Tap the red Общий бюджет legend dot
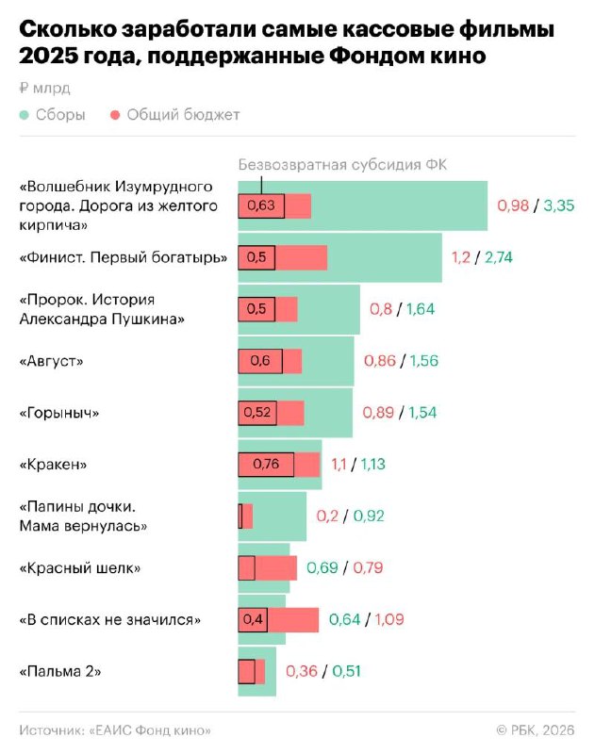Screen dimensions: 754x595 click(116, 115)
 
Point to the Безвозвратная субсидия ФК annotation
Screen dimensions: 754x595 click(342, 164)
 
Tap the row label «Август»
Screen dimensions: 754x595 click(52, 361)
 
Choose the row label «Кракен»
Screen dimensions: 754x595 click(53, 465)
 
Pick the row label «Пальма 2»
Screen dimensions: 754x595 click(59, 672)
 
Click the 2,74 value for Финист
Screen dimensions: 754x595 click(498, 257)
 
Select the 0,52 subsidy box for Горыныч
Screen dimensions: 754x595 click(257, 413)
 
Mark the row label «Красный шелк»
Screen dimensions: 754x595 click(80, 568)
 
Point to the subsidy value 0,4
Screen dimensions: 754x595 click(254, 620)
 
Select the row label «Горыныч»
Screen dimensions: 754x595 click(59, 413)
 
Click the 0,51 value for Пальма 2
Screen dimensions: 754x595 click(345, 672)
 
